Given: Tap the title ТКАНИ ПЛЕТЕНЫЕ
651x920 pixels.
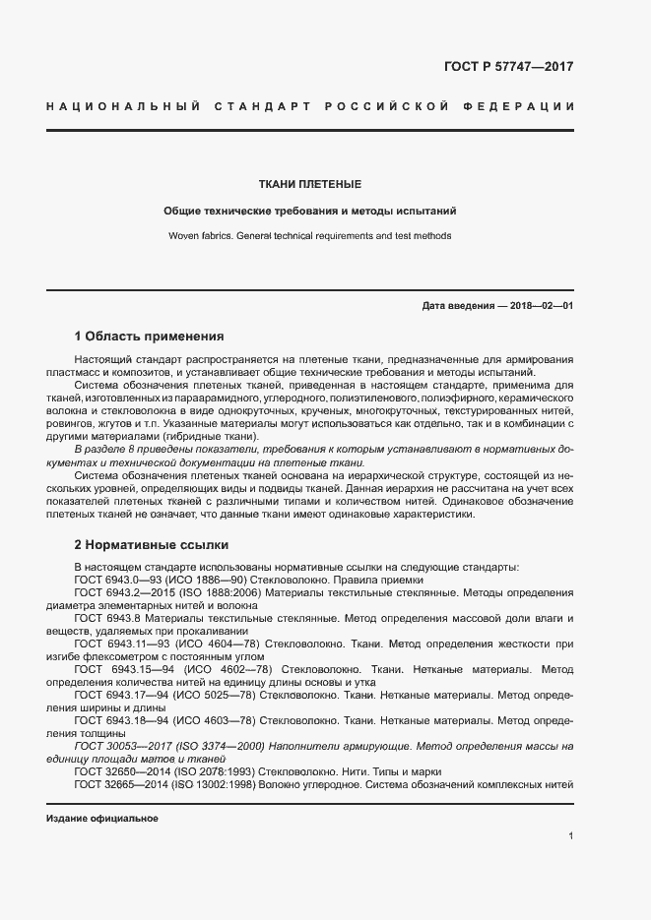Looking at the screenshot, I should [x=310, y=184].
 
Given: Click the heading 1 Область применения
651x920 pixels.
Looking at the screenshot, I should [x=150, y=336].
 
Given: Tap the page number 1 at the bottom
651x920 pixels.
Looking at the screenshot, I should [x=571, y=836].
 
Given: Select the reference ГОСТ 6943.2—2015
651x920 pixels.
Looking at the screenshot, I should [x=125, y=593].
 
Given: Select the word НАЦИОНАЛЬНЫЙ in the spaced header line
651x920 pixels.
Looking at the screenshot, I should [x=124, y=105].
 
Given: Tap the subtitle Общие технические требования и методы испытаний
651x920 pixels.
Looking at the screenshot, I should [x=310, y=211].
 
